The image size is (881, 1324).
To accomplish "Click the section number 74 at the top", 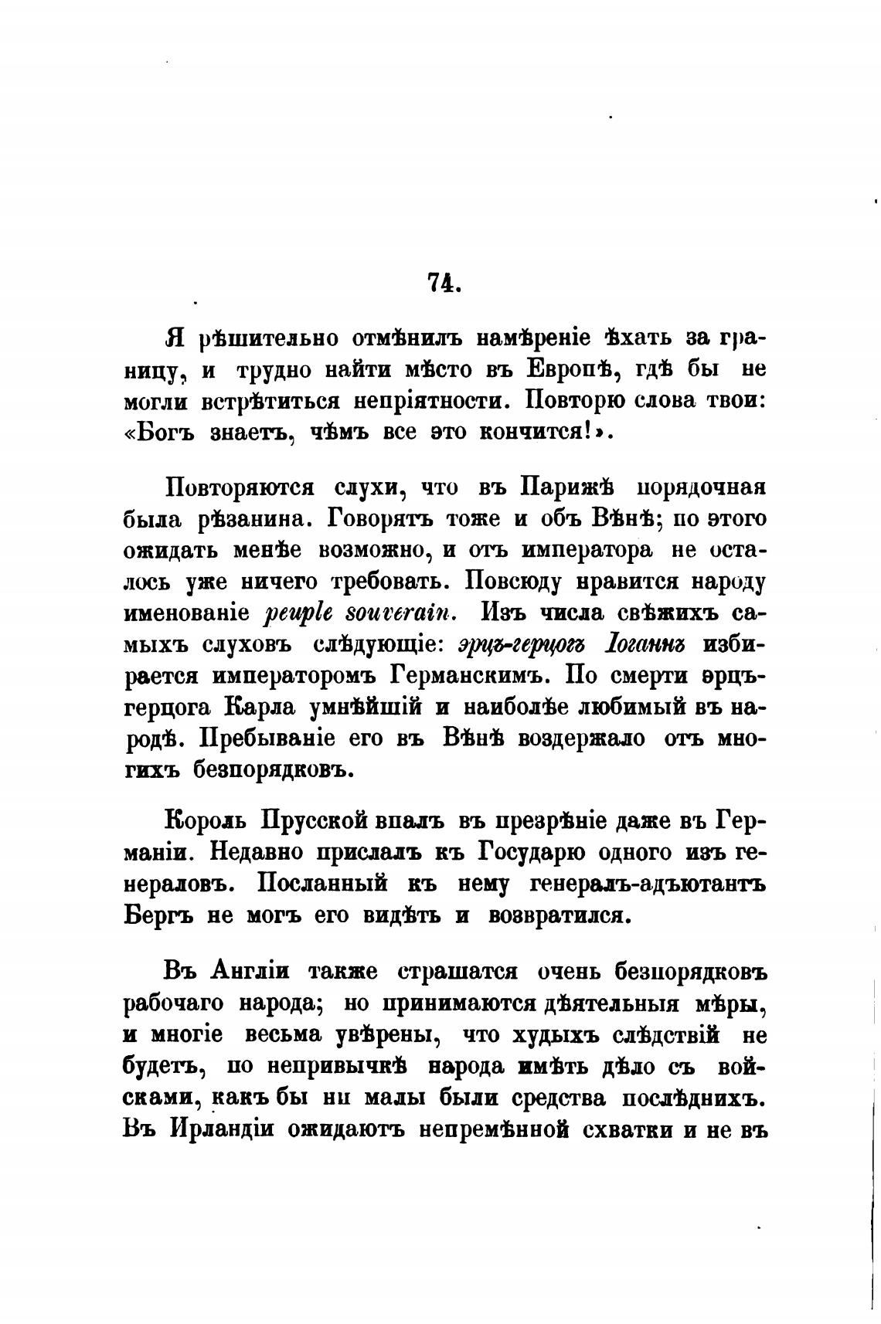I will click(443, 284).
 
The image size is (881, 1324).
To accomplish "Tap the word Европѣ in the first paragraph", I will click(573, 369).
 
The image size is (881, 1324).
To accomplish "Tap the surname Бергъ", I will click(158, 915).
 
